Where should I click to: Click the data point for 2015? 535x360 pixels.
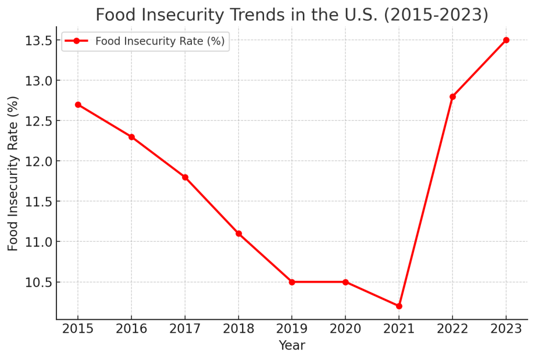78,105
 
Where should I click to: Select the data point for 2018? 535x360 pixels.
238,233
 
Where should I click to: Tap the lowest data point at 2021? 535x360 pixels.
399,306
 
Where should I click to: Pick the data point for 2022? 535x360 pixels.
452,96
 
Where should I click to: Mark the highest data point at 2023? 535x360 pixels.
506,40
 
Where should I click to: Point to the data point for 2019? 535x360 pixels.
292,282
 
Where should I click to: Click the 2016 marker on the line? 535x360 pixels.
131,137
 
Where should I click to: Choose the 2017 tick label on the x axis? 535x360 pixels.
185,329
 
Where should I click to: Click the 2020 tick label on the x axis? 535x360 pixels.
345,329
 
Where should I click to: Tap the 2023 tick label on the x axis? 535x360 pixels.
506,329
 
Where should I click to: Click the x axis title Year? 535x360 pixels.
292,345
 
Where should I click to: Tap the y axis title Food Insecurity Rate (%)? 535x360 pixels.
13,173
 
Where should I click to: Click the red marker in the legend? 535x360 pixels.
76,41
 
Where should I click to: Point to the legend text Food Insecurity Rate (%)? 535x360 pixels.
160,41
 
